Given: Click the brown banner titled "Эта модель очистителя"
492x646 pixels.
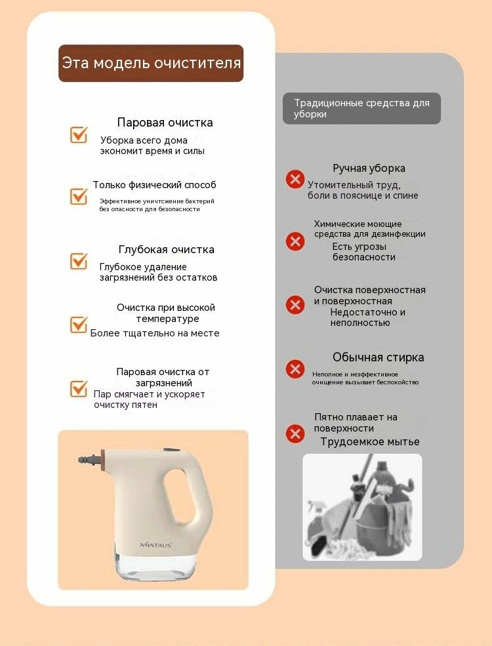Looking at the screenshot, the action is click(x=151, y=63).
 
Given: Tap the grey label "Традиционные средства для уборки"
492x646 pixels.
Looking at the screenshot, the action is click(x=361, y=108).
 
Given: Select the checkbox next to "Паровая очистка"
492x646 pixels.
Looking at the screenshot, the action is click(x=79, y=134).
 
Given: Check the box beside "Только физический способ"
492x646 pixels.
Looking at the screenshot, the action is click(x=79, y=195).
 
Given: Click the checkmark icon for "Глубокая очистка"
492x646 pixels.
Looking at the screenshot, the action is click(x=79, y=261).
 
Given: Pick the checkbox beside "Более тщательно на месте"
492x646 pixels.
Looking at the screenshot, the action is click(x=79, y=324).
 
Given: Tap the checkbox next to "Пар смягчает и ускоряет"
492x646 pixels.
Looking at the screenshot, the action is click(x=79, y=388).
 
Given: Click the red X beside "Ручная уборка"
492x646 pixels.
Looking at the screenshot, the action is click(x=295, y=179).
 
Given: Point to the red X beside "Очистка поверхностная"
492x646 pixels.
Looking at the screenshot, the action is click(x=295, y=305).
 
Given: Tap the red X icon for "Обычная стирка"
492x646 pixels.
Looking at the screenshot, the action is click(x=295, y=369).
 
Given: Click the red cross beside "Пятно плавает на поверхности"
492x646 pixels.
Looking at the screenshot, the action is click(x=295, y=434).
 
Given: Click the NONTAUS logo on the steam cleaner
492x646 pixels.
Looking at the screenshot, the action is click(x=155, y=545).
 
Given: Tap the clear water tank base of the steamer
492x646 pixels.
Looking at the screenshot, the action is click(x=155, y=567).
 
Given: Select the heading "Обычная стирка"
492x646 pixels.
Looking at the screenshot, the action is click(x=379, y=357).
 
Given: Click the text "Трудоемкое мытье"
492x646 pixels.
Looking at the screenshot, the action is click(x=370, y=441).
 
